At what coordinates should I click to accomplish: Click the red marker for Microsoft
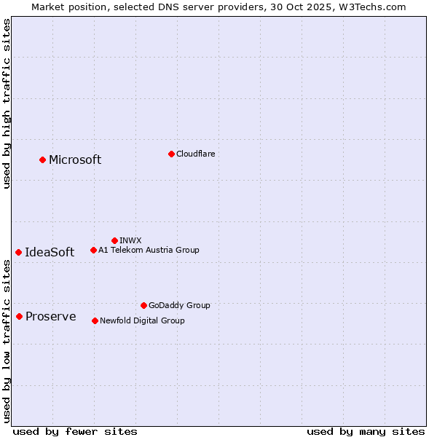42,160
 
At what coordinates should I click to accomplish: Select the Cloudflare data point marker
171,154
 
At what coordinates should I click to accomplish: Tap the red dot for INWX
114,240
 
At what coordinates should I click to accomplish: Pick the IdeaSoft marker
18,252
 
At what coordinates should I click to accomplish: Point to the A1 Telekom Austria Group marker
93,250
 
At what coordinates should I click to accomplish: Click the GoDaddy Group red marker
143,305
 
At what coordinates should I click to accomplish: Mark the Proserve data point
19,316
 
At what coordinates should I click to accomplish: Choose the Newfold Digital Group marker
95,320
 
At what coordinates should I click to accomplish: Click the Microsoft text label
75,160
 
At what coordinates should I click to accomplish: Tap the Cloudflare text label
196,154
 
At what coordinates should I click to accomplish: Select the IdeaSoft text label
50,253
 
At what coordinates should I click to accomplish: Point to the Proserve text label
51,317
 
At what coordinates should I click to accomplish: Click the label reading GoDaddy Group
179,305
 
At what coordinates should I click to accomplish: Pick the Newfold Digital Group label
142,320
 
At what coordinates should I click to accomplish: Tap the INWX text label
130,240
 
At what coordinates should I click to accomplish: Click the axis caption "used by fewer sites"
75,431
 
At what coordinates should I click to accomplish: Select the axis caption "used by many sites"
366,431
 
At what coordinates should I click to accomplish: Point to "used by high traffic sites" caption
7,103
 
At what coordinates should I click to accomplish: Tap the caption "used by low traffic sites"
7,342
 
